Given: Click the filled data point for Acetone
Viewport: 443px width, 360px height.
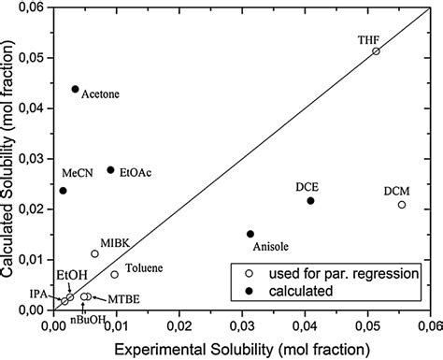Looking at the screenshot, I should [75, 89].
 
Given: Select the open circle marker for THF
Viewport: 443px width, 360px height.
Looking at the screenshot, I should [376, 51].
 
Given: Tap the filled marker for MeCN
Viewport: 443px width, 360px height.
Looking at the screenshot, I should [63, 191].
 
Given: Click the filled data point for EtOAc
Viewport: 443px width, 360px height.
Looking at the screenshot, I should [110, 170].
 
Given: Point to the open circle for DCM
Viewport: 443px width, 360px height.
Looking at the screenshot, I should [402, 205].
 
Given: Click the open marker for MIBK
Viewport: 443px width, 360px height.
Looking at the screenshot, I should [94, 253].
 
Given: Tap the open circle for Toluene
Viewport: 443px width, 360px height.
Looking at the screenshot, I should [115, 274].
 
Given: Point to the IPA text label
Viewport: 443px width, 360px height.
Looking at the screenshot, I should [36, 293].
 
